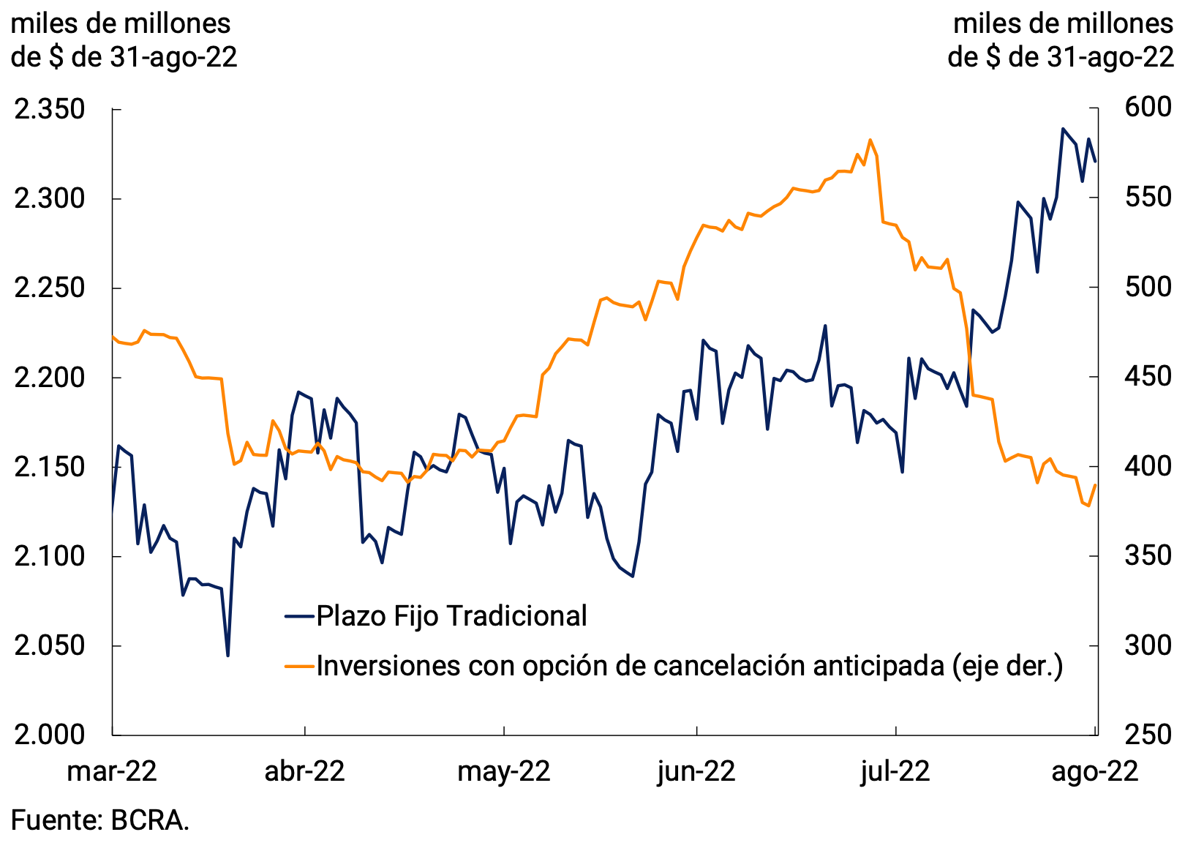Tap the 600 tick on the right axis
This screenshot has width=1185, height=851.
[x=1148, y=108]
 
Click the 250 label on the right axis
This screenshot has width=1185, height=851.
[x=1148, y=734]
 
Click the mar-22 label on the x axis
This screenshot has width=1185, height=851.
[x=112, y=771]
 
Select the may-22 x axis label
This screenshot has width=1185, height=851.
[x=504, y=771]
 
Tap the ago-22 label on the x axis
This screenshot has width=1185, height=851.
[x=1095, y=771]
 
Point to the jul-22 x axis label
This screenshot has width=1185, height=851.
[x=895, y=771]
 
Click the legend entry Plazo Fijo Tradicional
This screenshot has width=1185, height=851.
[x=451, y=616]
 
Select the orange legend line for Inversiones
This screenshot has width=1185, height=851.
[x=299, y=666]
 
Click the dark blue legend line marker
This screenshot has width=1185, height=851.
[x=299, y=616]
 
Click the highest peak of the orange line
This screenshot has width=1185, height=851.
[x=870, y=140]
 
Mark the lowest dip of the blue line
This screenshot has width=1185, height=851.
[x=227, y=656]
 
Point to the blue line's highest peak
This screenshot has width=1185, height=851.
[x=1063, y=129]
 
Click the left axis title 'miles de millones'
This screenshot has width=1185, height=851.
[x=121, y=24]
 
